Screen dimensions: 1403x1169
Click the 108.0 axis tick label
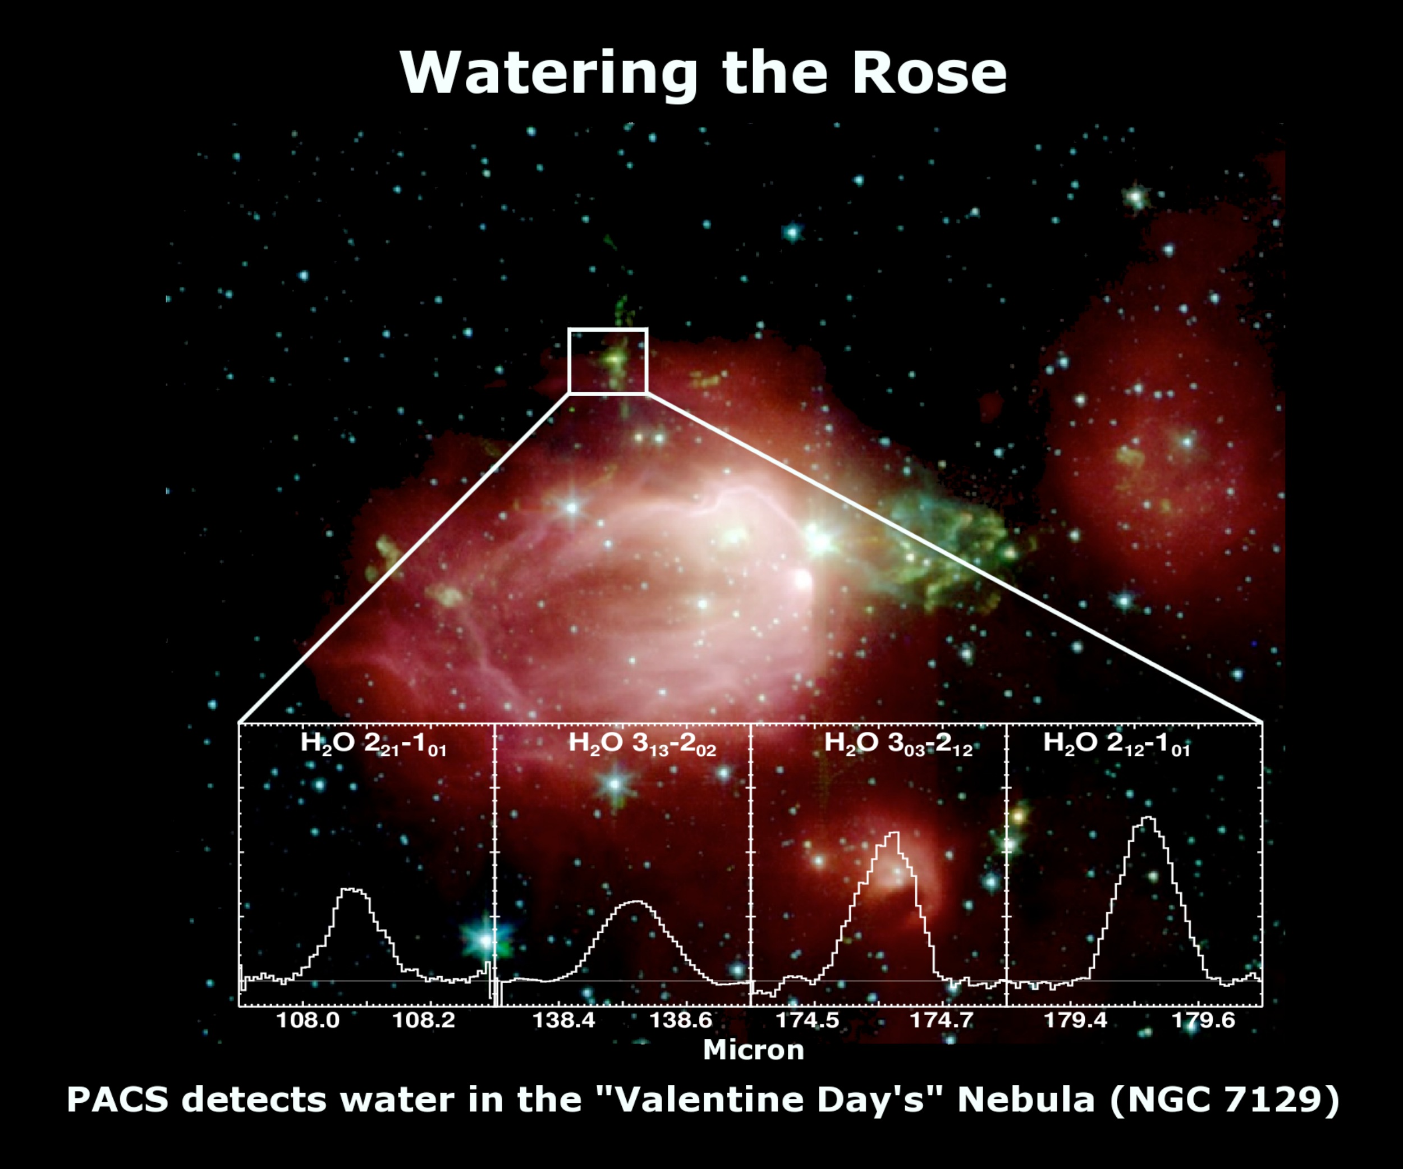click(x=308, y=1021)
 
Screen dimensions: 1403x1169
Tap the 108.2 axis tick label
click(x=424, y=1021)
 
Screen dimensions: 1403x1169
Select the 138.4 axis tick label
click(x=564, y=1021)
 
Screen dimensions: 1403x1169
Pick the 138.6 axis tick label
click(x=681, y=1021)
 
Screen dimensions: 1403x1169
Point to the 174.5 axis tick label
click(x=807, y=1021)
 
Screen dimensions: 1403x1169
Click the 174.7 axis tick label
click(x=941, y=1021)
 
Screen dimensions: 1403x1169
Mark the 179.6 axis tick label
click(x=1204, y=1021)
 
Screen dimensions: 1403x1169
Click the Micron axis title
click(x=754, y=1050)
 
